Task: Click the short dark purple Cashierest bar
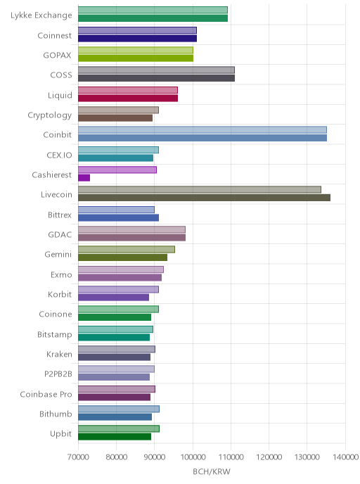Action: [x=84, y=178]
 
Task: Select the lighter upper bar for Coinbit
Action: [x=202, y=129]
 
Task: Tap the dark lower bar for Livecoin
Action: [x=204, y=198]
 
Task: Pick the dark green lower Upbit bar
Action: [x=115, y=437]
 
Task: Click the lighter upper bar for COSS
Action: [x=156, y=70]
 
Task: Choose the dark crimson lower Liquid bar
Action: [x=128, y=98]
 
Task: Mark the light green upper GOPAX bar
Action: [x=136, y=50]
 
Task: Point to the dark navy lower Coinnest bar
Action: [x=137, y=38]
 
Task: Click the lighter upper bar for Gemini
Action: [x=127, y=250]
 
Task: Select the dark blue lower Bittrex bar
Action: [x=118, y=217]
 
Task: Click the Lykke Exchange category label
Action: [x=41, y=15]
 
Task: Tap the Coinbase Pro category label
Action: [x=46, y=394]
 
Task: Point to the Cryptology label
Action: [x=50, y=115]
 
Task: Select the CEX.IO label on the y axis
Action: [x=59, y=155]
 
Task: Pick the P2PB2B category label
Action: [x=58, y=374]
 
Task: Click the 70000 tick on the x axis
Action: [x=78, y=457]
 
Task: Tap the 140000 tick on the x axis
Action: [x=345, y=457]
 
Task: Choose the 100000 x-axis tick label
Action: [x=193, y=457]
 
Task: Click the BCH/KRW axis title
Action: [x=212, y=471]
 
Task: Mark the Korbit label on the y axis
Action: [x=60, y=295]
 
